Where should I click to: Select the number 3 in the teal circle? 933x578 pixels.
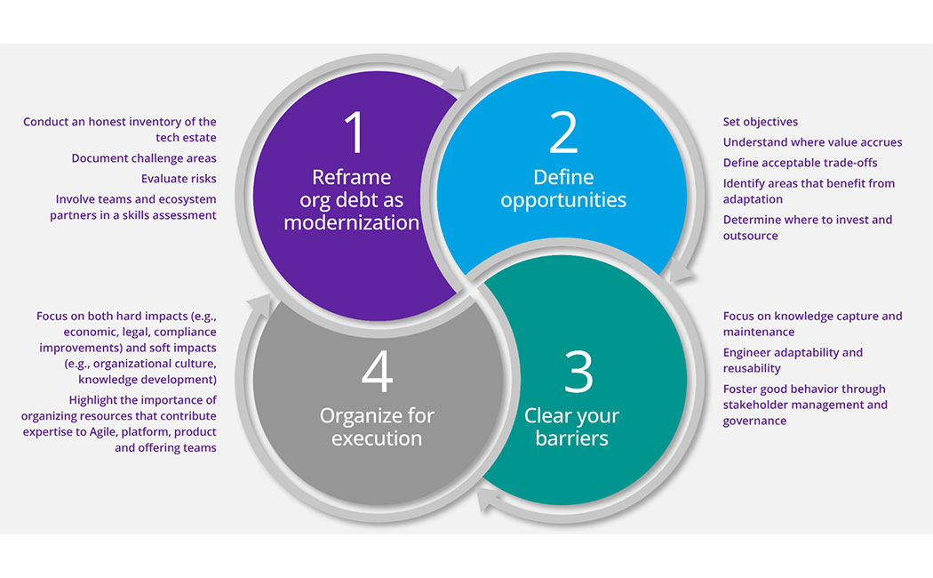[x=578, y=371]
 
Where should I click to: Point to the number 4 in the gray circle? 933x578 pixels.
[x=377, y=371]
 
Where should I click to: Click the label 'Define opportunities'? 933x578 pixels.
[x=563, y=189]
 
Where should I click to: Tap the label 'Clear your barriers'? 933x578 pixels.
[x=571, y=427]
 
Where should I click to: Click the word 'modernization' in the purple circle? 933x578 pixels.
[x=351, y=222]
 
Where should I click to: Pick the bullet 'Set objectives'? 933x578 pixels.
[x=760, y=122]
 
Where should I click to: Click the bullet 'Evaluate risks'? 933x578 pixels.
[x=179, y=179]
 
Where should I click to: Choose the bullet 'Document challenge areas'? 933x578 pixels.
[x=144, y=158]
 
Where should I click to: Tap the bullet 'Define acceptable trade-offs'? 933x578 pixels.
[x=800, y=163]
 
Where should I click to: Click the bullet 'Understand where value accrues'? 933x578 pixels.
[x=812, y=142]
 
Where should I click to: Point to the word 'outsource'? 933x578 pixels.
[x=750, y=236]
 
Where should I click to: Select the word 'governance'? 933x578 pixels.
[x=754, y=421]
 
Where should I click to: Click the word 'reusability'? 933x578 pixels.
[x=752, y=368]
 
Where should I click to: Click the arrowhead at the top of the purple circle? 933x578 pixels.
[x=454, y=79]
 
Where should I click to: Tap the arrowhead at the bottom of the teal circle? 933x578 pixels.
[x=490, y=502]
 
